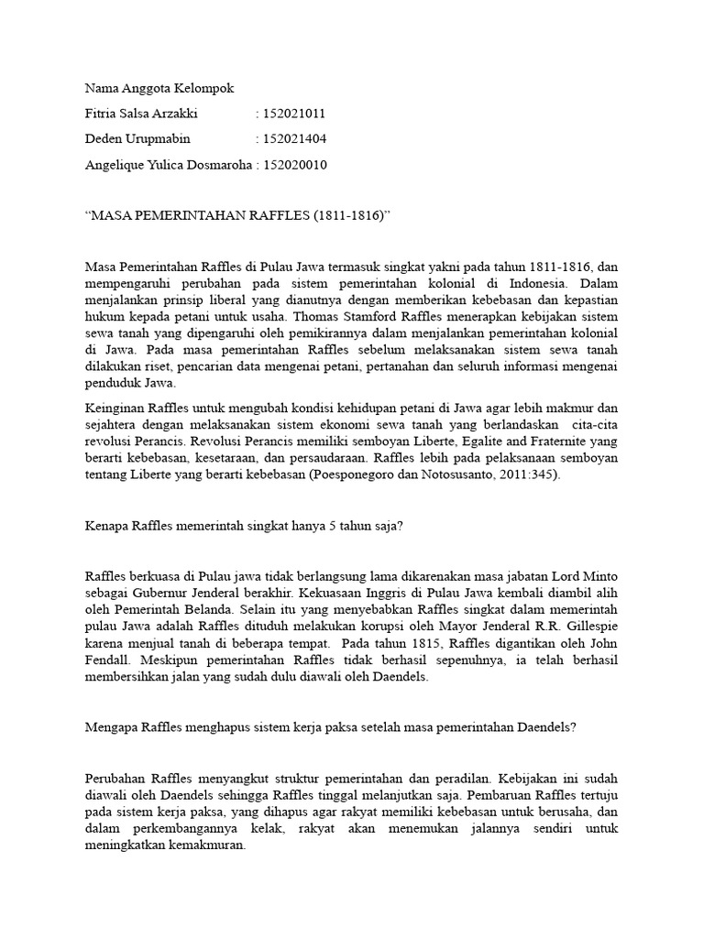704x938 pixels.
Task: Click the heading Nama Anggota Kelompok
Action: (x=159, y=88)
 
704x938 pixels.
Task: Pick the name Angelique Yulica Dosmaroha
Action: (x=168, y=165)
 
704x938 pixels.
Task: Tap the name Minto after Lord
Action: (x=599, y=576)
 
